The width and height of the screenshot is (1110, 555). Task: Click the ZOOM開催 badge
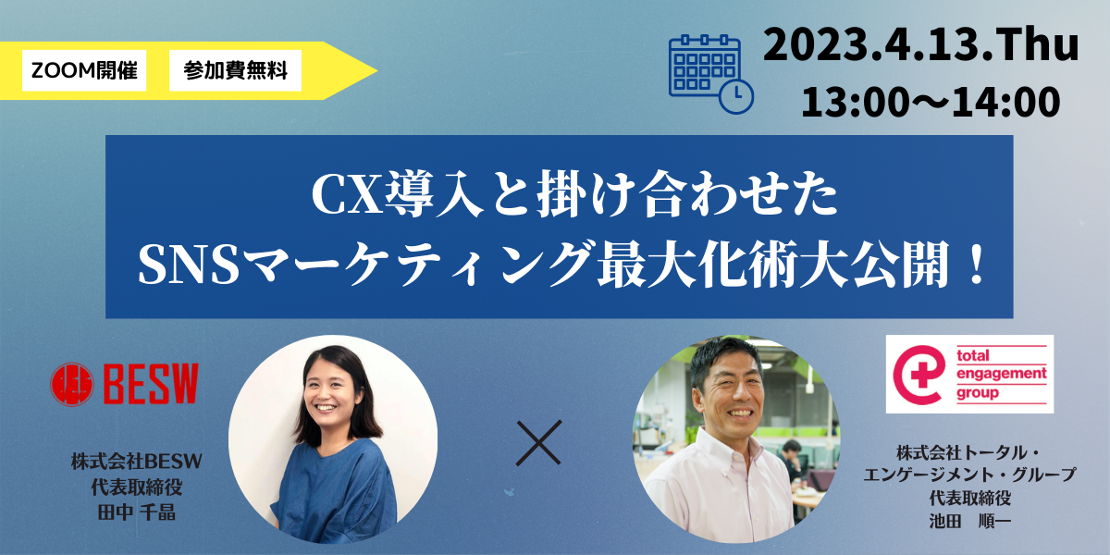pos(84,70)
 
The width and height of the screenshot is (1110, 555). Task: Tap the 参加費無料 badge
pos(235,70)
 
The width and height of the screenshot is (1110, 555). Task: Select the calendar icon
pos(711,74)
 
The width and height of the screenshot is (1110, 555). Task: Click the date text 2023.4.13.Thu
pos(920,45)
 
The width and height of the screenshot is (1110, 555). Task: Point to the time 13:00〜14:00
pos(931,102)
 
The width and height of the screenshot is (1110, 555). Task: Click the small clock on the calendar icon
pos(736,96)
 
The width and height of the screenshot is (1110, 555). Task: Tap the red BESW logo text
pos(151,384)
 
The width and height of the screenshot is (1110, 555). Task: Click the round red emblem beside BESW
pos(72,384)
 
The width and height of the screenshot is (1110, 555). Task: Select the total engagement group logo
pos(969,374)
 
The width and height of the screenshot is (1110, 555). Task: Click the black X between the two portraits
pos(538,442)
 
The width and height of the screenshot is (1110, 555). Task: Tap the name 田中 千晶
pos(136,512)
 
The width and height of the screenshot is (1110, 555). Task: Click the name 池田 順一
pos(969,521)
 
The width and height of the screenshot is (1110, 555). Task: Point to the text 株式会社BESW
pos(136,462)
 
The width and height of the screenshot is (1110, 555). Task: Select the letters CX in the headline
pos(347,194)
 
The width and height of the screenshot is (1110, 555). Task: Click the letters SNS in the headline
pos(190,265)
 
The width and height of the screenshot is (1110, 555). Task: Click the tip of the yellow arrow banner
pos(377,70)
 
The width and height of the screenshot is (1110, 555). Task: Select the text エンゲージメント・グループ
pos(969,475)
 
